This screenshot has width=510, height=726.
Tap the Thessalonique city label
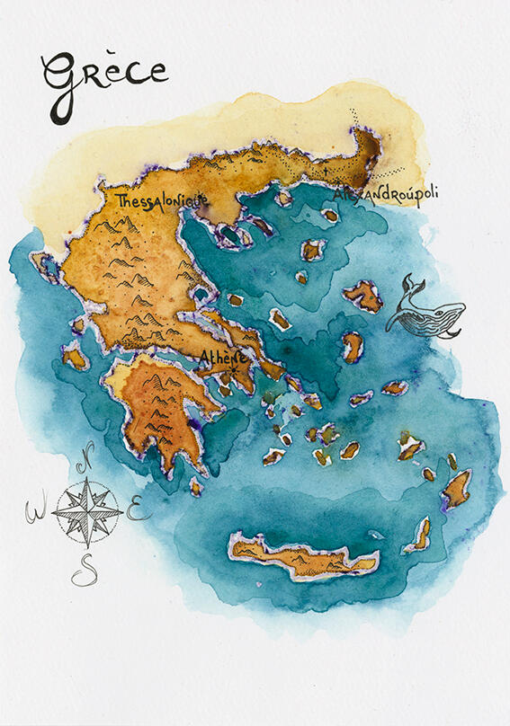(x=161, y=200)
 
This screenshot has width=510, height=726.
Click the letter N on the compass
(x=86, y=466)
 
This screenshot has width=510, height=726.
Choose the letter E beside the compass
(x=137, y=511)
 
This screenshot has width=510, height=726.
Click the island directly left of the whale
(x=363, y=295)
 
